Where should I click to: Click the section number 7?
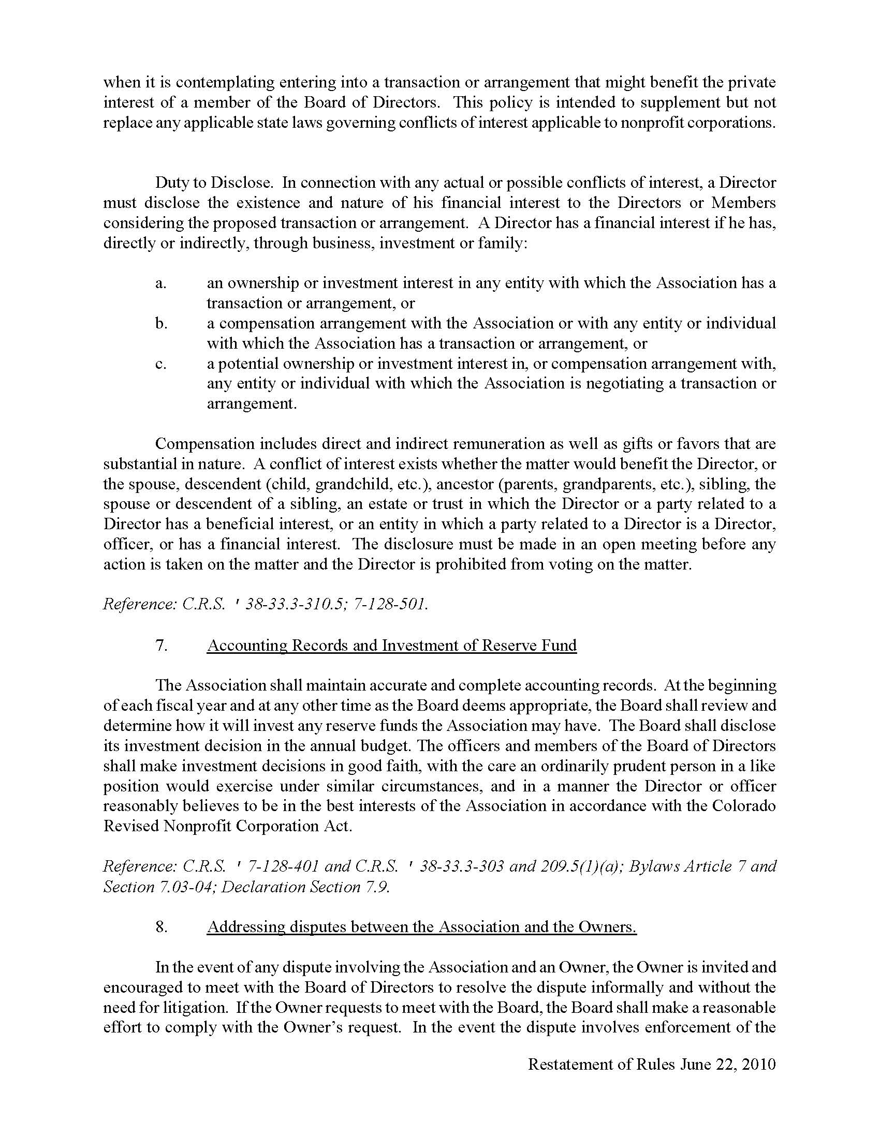161,645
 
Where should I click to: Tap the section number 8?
161,927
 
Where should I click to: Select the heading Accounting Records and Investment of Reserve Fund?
391,645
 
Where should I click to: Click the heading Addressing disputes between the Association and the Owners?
421,927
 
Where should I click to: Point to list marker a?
160,283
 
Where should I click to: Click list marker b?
161,324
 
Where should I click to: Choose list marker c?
160,364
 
